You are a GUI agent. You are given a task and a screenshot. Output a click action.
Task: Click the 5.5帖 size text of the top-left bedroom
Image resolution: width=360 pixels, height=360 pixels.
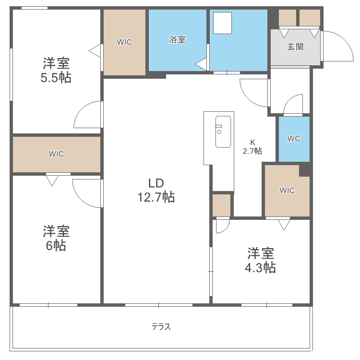click(56, 78)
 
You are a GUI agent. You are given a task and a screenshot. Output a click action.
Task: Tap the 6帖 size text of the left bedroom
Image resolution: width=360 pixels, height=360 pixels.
click(56, 246)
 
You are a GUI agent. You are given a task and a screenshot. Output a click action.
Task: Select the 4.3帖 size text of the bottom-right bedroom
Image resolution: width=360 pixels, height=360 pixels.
click(260, 267)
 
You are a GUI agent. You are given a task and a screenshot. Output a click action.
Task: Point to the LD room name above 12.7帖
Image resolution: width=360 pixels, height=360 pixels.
click(156, 183)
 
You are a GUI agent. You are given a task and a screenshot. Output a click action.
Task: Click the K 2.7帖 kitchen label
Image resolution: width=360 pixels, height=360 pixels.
click(252, 146)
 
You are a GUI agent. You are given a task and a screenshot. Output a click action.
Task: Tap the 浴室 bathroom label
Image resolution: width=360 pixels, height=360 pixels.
click(177, 40)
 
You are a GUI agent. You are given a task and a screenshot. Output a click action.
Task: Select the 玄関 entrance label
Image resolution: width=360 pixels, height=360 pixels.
click(295, 47)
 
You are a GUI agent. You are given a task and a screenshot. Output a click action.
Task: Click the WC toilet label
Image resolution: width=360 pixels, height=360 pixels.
click(294, 139)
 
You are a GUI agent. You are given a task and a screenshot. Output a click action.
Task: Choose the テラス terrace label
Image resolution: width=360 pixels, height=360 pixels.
click(161, 327)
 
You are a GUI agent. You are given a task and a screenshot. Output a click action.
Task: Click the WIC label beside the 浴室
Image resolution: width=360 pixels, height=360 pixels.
click(124, 42)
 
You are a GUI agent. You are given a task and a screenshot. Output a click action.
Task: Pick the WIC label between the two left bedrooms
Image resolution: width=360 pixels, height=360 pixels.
click(56, 154)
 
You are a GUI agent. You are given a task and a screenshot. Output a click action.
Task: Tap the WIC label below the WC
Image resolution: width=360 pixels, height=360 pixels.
click(287, 191)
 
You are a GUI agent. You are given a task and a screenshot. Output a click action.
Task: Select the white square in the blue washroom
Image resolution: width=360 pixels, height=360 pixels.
click(222, 23)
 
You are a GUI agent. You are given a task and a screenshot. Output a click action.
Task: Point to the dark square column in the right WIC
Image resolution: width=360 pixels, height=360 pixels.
click(304, 170)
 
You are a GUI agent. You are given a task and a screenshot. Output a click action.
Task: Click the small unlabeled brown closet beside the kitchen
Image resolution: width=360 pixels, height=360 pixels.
click(222, 205)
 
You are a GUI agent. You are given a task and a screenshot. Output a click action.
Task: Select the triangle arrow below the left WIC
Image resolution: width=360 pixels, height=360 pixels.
click(52, 180)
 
